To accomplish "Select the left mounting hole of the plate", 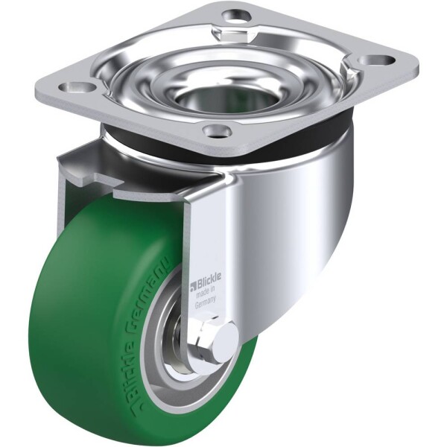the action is pyautogui.click(x=77, y=87).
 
